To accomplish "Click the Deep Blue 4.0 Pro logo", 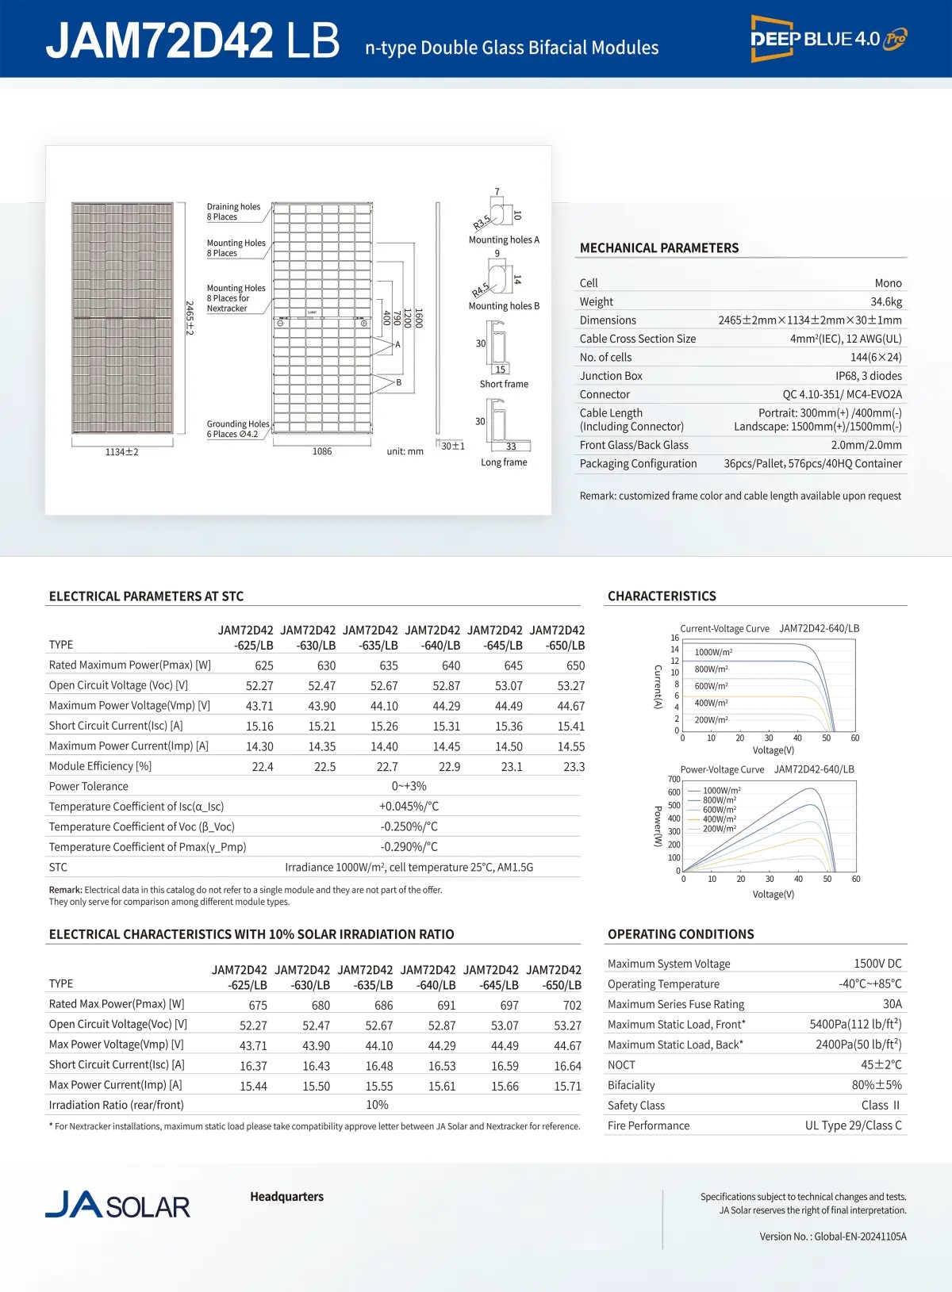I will [x=828, y=39].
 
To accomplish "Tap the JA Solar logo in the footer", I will [x=117, y=1205].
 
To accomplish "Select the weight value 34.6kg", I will [x=885, y=301].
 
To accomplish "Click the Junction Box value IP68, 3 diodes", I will [x=868, y=376].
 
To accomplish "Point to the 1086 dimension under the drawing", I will [x=322, y=451].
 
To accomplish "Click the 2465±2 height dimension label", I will [x=190, y=317].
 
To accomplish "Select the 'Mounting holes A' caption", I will [x=504, y=240].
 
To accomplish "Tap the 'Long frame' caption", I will [x=504, y=462].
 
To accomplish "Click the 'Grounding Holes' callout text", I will [x=238, y=424].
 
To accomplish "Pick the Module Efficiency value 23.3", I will [x=574, y=767].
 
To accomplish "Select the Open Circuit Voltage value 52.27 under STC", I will [x=259, y=686].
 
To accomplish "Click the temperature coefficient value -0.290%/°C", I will [x=409, y=847].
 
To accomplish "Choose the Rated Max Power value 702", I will [x=572, y=1005].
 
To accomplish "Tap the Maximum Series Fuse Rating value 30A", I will [x=892, y=1004].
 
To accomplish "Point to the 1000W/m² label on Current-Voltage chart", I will [x=713, y=652].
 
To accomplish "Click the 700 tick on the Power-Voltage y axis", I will [x=674, y=780].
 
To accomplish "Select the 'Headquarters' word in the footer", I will [x=286, y=1197].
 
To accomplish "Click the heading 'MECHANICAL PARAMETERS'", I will [x=659, y=248].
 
